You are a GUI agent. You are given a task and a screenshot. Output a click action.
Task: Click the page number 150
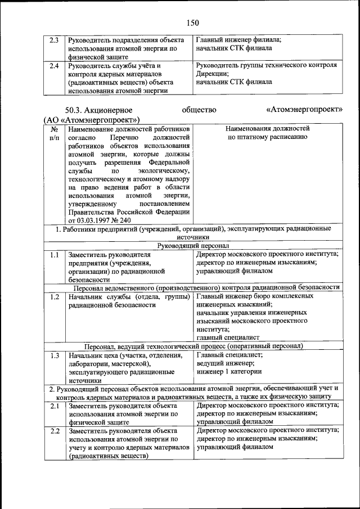(x=192, y=22)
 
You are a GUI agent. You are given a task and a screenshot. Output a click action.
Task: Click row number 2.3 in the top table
(x=55, y=40)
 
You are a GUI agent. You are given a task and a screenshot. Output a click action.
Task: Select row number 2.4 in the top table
(x=55, y=66)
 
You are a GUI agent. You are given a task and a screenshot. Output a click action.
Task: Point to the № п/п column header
(x=54, y=133)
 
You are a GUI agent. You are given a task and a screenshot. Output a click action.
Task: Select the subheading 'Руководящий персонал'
(x=192, y=246)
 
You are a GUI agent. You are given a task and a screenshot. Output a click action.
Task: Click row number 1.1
(x=55, y=255)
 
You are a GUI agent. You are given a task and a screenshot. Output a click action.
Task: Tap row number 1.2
(x=55, y=296)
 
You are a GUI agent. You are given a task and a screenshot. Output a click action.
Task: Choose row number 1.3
(x=55, y=355)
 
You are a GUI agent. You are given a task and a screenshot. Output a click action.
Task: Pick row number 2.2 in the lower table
(x=55, y=431)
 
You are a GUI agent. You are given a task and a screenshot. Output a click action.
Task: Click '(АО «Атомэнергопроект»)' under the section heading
(x=92, y=120)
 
